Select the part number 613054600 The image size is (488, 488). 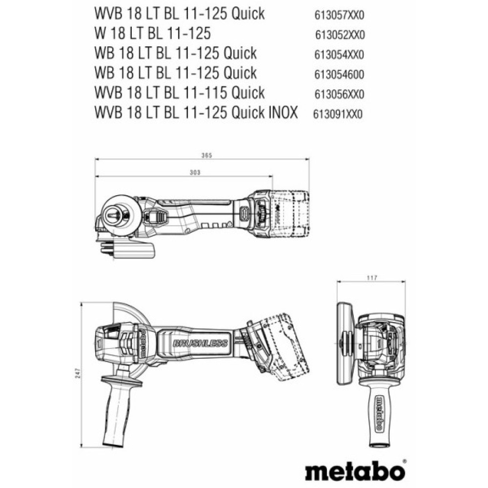pyautogui.click(x=338, y=74)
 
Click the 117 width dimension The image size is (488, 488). pyautogui.click(x=372, y=278)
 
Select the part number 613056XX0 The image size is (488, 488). pyautogui.click(x=338, y=94)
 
